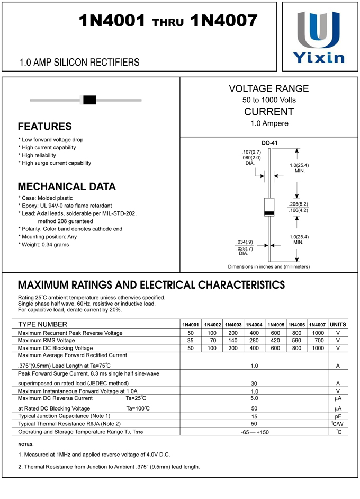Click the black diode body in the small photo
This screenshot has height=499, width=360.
click(x=89, y=100)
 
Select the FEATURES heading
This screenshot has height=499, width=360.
click(x=44, y=127)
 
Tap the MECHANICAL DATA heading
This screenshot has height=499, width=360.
click(x=67, y=186)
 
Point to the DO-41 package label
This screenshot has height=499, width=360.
click(x=269, y=143)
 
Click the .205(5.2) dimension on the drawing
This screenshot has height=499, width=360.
click(x=298, y=204)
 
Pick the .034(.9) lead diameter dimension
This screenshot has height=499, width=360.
click(x=244, y=242)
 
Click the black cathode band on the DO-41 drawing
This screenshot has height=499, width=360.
click(x=269, y=213)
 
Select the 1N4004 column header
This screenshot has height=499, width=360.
click(x=254, y=324)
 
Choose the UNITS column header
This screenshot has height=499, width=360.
click(x=338, y=324)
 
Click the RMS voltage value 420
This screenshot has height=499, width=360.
click(x=275, y=341)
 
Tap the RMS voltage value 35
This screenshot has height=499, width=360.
click(x=191, y=341)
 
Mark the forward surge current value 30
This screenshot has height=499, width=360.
click(x=254, y=383)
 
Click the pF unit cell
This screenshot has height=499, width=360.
click(x=338, y=416)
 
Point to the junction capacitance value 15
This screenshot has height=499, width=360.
click(x=254, y=416)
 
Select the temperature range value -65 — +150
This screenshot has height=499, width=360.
click(x=254, y=432)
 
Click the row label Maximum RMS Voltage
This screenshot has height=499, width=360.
click(x=47, y=341)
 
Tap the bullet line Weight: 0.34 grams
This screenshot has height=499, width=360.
click(x=45, y=245)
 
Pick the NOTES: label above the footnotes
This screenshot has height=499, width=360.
click(x=25, y=444)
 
